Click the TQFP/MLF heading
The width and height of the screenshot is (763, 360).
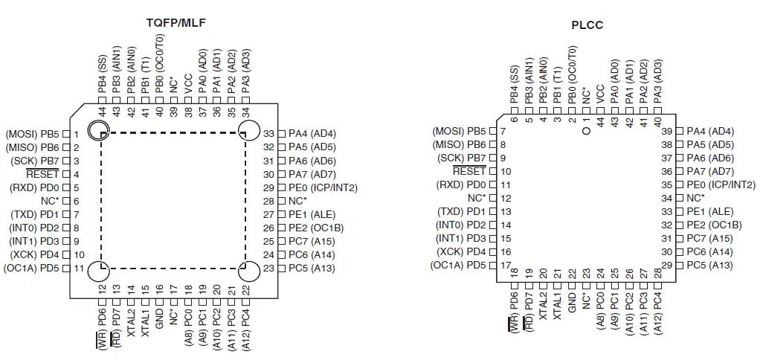(x=176, y=22)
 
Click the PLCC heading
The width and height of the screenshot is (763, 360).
(x=587, y=25)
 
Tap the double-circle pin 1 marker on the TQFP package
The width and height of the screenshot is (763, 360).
(x=99, y=132)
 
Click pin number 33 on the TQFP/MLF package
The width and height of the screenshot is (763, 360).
(x=269, y=134)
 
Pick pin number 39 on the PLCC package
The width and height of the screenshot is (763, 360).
(x=667, y=131)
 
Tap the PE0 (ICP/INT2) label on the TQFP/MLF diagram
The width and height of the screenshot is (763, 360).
(x=317, y=187)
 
